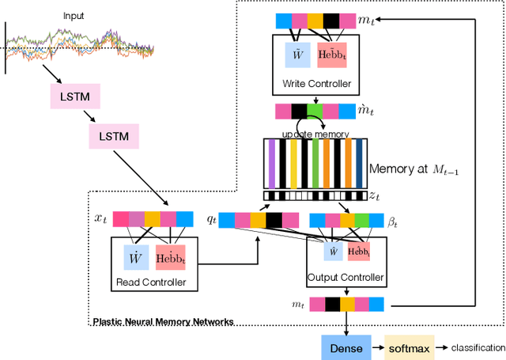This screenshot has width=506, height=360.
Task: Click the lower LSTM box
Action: tap(114, 137)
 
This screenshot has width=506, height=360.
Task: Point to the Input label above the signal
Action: tap(73, 15)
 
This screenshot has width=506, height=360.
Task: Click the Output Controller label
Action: tap(346, 277)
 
